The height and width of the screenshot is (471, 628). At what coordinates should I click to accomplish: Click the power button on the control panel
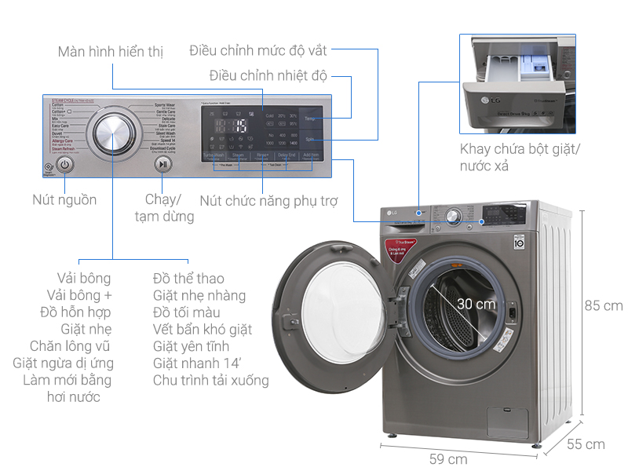point(65,166)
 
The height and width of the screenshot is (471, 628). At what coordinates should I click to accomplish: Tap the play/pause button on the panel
point(162,165)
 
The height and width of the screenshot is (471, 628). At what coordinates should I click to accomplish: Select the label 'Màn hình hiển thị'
point(110,52)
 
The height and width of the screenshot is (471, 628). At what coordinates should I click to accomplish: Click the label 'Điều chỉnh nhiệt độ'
point(268,76)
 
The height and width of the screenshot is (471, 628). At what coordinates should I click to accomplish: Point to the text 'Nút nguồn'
point(64,199)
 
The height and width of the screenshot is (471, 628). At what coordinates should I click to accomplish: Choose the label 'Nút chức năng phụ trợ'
point(268,201)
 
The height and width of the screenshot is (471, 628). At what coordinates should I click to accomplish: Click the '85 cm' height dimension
point(603,305)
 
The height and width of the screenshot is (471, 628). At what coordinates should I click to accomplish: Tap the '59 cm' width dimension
point(448,458)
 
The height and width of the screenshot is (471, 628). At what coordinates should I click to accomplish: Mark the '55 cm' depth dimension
point(586,444)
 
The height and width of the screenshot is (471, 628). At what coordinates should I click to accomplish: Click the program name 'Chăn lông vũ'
point(71,346)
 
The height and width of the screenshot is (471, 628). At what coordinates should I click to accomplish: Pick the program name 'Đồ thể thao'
point(188,279)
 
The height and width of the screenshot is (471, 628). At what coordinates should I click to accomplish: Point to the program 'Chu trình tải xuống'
point(210,381)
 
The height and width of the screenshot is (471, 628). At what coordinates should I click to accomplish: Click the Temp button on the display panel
point(310,118)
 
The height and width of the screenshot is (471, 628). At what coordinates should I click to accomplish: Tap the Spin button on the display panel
point(310,140)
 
